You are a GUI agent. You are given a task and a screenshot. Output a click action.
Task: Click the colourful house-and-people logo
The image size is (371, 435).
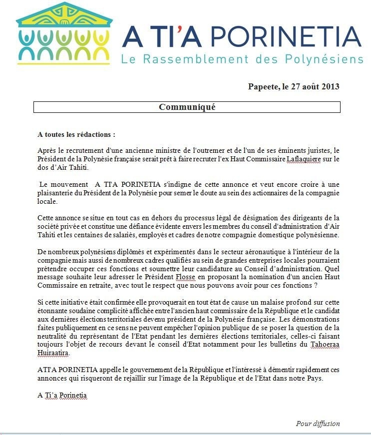[x=63, y=33]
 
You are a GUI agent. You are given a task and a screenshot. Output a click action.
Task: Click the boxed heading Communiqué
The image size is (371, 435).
[x=187, y=107]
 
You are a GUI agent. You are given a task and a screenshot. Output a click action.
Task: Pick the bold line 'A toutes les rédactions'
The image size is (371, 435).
[x=76, y=134]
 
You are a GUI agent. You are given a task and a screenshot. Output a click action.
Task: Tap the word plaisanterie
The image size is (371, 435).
[x=59, y=193]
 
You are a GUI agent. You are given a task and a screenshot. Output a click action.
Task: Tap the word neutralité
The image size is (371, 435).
[x=54, y=344]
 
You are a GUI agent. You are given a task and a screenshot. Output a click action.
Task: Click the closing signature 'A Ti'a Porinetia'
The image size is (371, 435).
[x=62, y=395]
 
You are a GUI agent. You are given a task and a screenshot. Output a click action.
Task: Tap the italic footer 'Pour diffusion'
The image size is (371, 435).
[x=318, y=424]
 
